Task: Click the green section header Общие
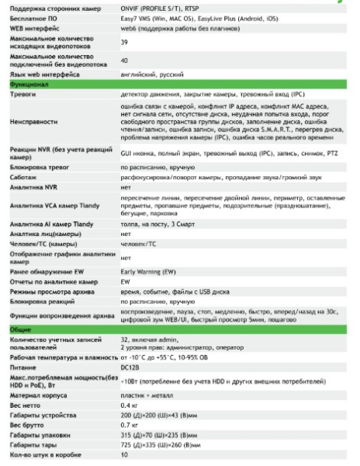pyautogui.click(x=20, y=330)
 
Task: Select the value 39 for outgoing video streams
pyautogui.click(x=124, y=41)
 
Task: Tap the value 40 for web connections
pyautogui.click(x=124, y=60)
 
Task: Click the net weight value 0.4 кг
pyautogui.click(x=129, y=405)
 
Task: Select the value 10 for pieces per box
pyautogui.click(x=124, y=455)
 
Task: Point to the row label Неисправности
pyautogui.click(x=33, y=122)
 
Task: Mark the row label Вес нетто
pyautogui.click(x=26, y=405)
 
